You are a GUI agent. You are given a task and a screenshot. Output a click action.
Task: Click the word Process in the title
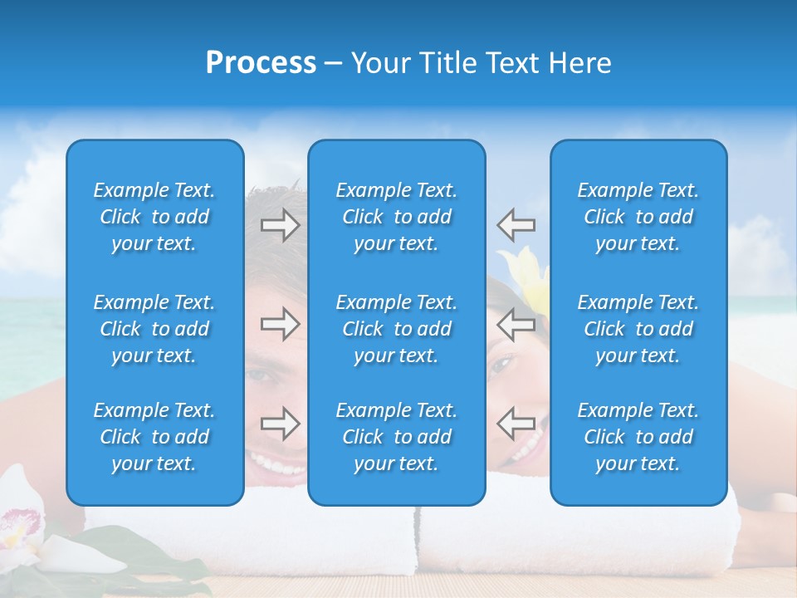261,63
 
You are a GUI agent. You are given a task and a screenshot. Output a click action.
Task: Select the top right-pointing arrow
280,225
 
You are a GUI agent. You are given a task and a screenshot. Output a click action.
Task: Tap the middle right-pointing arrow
280,324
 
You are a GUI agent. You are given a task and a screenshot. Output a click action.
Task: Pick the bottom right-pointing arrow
280,424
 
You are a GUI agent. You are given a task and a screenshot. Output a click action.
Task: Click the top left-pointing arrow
516,224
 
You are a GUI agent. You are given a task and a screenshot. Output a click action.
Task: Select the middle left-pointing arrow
516,324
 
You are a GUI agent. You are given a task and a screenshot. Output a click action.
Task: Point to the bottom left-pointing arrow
516,424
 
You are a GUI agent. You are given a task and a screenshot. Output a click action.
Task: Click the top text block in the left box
154,217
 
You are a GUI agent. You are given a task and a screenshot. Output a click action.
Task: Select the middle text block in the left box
154,329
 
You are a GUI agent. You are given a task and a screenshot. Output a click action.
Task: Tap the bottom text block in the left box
154,437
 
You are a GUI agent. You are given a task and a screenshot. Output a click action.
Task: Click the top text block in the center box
397,217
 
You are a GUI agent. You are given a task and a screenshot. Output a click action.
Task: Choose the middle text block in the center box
397,329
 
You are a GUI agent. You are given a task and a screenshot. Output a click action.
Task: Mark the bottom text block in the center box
397,437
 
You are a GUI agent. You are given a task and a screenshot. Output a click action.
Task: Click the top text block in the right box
638,217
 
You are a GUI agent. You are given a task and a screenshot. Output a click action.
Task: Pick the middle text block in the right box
638,329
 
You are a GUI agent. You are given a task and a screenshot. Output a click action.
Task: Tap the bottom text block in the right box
638,437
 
